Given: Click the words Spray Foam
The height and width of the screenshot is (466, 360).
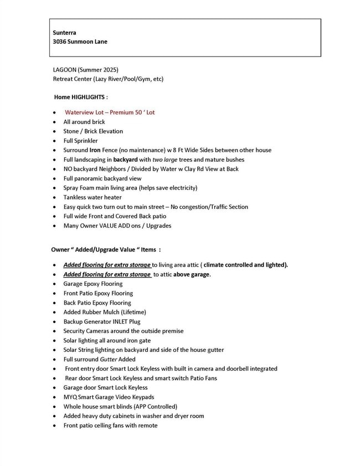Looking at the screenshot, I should (x=79, y=188).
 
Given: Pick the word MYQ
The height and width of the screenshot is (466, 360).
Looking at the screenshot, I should (x=70, y=397).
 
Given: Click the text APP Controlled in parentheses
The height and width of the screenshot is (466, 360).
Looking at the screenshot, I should (x=159, y=406).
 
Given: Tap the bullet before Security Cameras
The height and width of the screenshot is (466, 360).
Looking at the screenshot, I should (x=54, y=331).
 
